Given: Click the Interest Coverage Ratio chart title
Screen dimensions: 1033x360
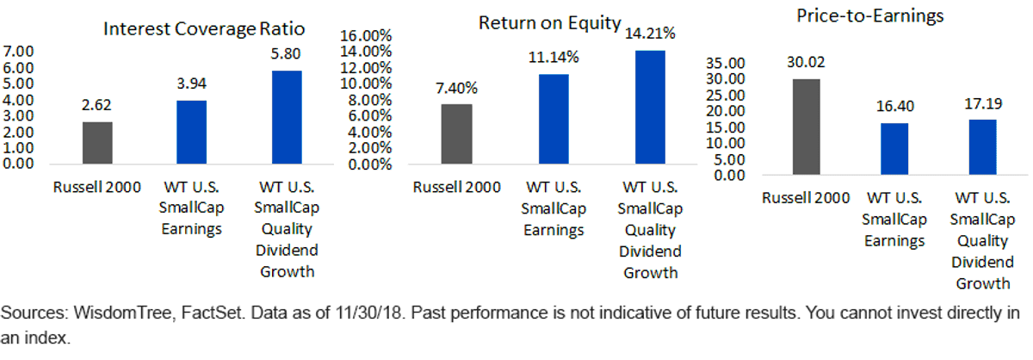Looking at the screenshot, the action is pos(204,28).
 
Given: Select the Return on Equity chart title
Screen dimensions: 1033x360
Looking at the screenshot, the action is pos(550,23).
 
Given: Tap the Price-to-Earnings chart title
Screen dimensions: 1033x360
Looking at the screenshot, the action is pos(870,16).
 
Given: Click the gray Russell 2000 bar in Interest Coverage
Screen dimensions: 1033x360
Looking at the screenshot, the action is pos(97,143).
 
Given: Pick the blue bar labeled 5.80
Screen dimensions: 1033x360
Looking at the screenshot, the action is pos(287,117).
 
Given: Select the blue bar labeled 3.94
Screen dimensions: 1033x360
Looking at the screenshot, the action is pos(191,133).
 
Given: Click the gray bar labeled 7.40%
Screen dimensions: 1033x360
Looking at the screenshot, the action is pos(456,133).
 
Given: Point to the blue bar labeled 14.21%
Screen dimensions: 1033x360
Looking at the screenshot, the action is pos(650,107).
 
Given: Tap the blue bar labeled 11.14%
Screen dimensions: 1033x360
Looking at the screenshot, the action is pos(554,119).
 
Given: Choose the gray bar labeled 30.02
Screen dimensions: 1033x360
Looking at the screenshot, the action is pos(806,127).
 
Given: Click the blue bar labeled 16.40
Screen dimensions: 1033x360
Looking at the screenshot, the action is pos(894,149).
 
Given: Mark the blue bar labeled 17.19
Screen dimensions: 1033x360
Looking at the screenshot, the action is pos(983,147).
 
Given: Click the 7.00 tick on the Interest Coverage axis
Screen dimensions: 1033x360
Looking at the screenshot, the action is pos(18,51).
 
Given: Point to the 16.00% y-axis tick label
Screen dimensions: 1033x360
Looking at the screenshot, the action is pos(366,35).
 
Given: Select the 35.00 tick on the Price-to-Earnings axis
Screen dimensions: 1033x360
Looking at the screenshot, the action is pos(726,63).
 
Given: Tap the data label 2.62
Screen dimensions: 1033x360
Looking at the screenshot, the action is pos(96,105).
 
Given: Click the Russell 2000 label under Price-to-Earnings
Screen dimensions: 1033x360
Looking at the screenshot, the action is pos(806,198).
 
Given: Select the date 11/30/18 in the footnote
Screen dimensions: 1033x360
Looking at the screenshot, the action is pos(370,313).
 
